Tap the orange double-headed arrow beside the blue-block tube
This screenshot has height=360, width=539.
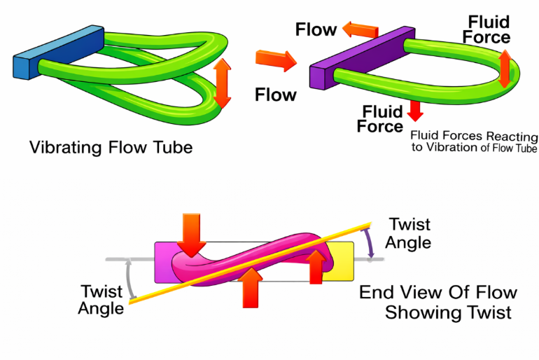click(222, 83)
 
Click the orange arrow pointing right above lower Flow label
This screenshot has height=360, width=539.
click(272, 61)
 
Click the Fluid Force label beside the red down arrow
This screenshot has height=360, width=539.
click(380, 119)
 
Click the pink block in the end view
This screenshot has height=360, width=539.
click(165, 259)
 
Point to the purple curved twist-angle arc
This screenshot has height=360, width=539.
click(368, 245)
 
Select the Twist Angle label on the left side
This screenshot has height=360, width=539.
click(101, 298)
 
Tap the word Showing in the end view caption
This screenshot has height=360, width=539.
click(419, 312)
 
